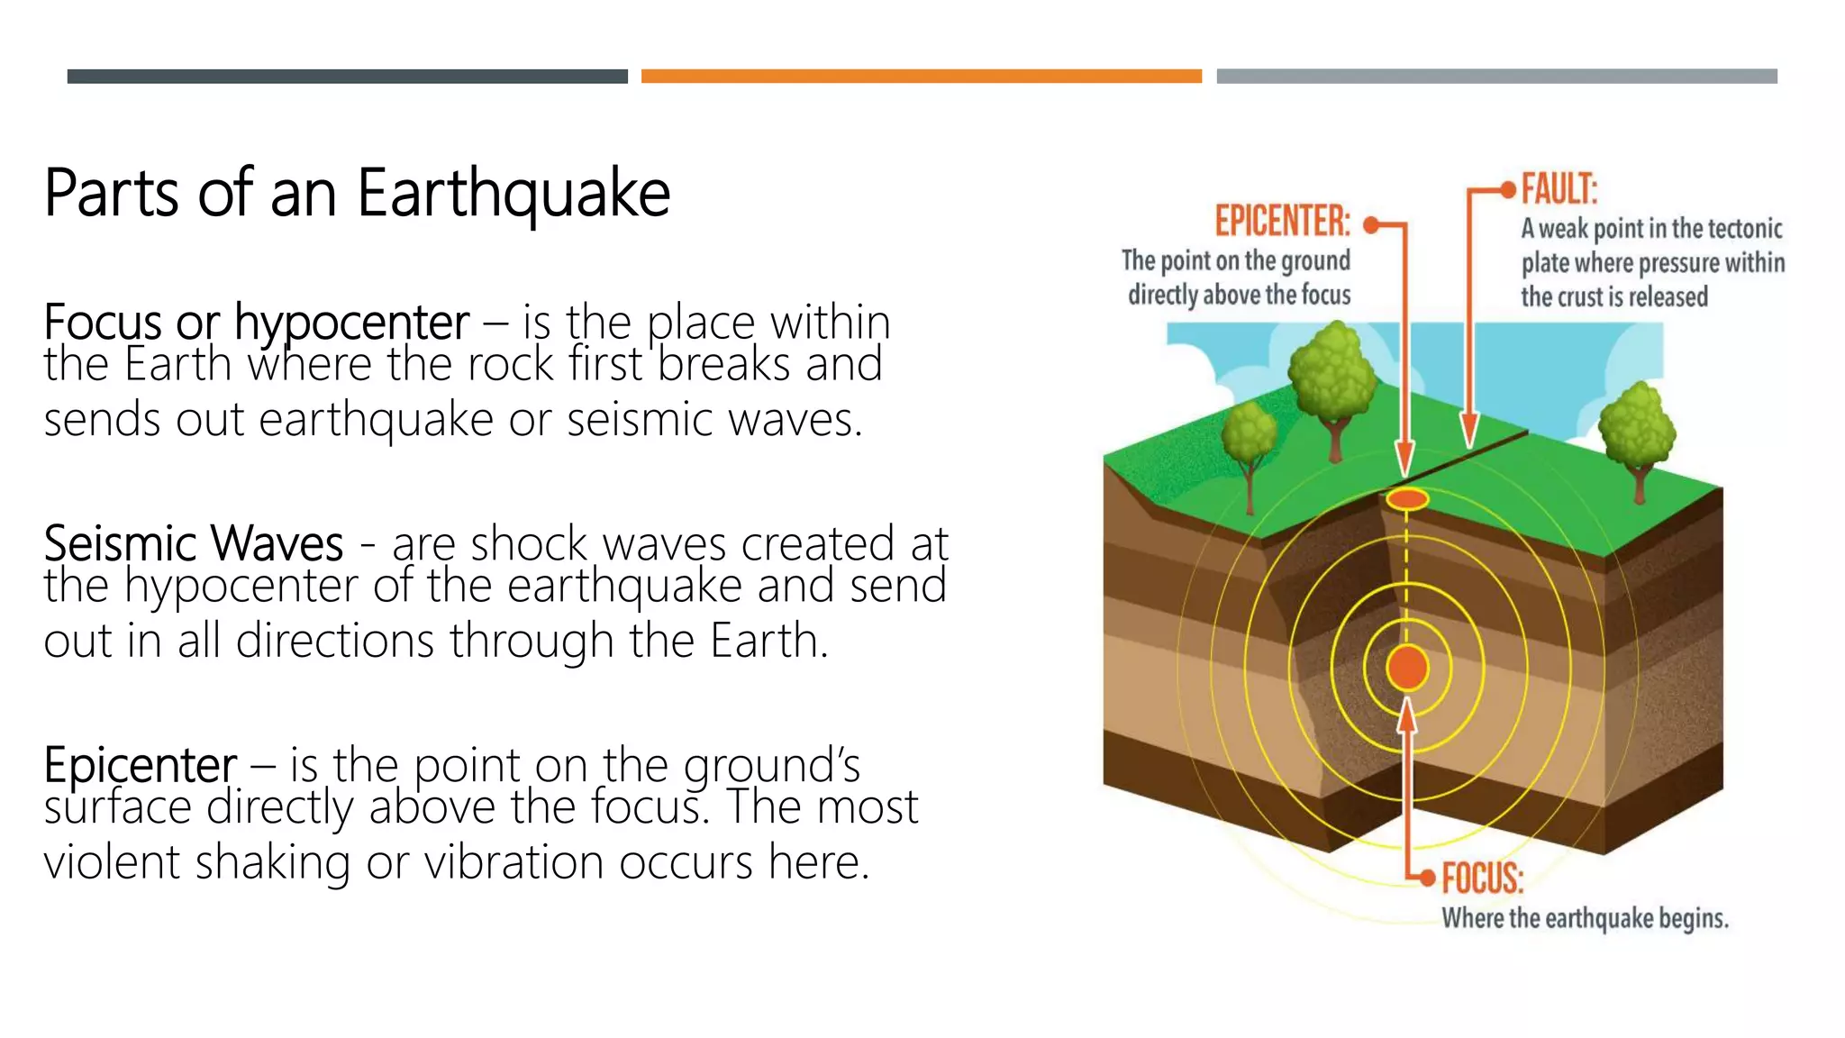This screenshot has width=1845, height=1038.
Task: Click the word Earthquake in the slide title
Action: [x=514, y=193]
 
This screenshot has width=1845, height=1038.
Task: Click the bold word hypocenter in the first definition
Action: [x=351, y=323]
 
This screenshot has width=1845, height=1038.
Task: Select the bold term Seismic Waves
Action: [x=193, y=544]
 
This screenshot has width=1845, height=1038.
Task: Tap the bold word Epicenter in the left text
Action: [x=141, y=766]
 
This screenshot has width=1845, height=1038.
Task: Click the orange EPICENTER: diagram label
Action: [x=1282, y=222]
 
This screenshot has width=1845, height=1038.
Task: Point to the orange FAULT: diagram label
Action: [x=1559, y=190]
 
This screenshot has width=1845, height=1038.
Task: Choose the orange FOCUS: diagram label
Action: [x=1482, y=878]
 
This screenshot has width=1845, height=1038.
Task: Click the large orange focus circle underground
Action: [x=1406, y=668]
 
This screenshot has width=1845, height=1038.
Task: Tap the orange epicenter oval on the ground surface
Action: [x=1406, y=498]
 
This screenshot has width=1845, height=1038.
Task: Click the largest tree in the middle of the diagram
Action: [x=1331, y=378]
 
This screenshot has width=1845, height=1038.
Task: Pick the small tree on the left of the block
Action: [x=1249, y=442]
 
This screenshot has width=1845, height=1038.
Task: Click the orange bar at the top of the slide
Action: [x=921, y=77]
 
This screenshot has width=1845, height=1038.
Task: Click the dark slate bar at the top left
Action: [x=347, y=77]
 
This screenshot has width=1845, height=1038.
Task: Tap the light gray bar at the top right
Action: [x=1496, y=77]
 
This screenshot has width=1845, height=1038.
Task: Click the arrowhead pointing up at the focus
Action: [x=1406, y=716]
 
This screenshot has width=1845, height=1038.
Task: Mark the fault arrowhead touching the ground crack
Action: [x=1469, y=430]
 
